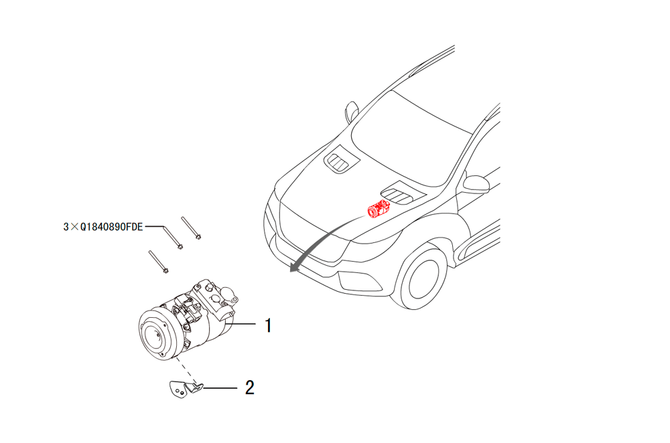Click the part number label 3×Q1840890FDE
103,227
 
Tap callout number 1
268,325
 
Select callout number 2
249,387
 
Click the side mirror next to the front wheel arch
476,183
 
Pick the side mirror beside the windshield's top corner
351,112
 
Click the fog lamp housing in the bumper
359,281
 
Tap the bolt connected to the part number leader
173,237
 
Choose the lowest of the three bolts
159,262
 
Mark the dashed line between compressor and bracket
186,371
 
